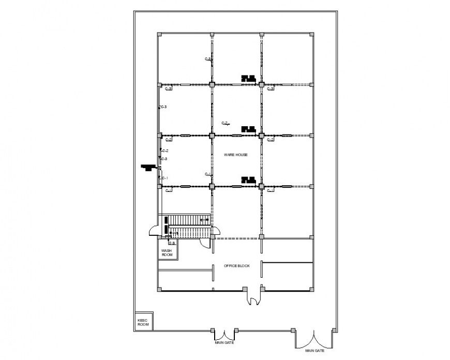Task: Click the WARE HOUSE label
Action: (235, 155)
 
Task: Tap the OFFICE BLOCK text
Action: (237, 266)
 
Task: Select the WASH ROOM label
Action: (167, 252)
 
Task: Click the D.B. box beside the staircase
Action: (172, 243)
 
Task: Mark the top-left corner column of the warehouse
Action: (159, 34)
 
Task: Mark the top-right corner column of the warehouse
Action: (312, 34)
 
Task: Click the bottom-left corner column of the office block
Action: (159, 290)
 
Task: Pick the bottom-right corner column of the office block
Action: (312, 290)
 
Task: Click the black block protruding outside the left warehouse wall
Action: (149, 167)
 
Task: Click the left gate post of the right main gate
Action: (294, 329)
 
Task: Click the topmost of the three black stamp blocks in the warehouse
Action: (248, 78)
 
